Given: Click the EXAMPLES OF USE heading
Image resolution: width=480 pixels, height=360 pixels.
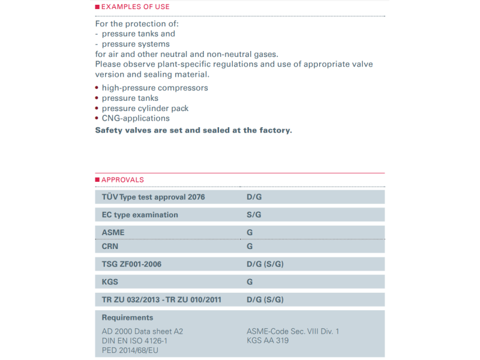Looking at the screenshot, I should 135,7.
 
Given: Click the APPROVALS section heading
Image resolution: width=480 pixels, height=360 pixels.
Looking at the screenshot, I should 122,179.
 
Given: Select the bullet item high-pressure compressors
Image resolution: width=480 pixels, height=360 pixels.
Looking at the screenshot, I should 155,88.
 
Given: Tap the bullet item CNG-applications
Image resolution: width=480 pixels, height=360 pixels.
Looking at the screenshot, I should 136,118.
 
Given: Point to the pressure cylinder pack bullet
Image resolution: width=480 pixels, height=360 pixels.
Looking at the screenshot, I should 145,108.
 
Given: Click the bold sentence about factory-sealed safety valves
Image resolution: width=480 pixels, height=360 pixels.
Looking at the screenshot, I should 193,130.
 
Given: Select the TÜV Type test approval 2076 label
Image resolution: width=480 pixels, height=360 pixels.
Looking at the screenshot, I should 154,197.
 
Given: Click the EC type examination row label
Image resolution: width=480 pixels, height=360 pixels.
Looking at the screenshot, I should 140,215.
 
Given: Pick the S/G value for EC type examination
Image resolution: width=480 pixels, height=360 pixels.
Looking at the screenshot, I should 254,215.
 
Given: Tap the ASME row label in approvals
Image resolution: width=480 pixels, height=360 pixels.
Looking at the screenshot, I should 113,232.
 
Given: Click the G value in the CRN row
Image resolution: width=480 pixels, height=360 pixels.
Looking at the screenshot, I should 250,246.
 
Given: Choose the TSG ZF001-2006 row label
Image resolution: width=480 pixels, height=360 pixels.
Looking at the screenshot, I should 131,263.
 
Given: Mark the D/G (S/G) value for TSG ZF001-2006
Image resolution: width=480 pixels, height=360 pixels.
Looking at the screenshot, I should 265,263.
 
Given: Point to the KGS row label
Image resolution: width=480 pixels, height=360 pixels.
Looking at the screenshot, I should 110,281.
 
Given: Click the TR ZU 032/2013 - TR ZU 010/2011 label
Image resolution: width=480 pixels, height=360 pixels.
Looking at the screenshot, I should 162,299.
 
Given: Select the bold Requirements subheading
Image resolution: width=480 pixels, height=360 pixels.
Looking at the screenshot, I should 127,317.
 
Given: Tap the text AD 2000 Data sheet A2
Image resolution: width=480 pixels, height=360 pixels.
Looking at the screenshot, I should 142,331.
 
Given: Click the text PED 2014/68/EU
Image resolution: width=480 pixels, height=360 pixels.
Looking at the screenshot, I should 129,350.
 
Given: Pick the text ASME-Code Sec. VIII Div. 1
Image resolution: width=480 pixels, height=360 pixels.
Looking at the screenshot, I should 293,331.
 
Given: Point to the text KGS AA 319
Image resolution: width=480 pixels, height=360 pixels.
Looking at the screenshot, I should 268,340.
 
